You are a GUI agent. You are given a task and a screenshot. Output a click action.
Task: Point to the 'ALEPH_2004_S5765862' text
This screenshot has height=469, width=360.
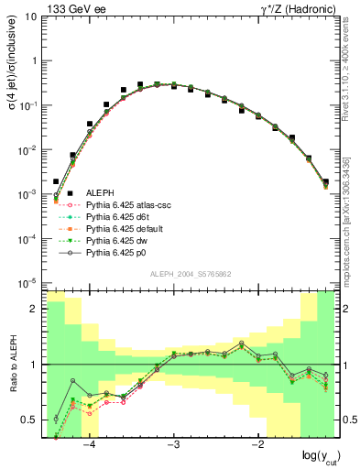pos(190,274)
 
